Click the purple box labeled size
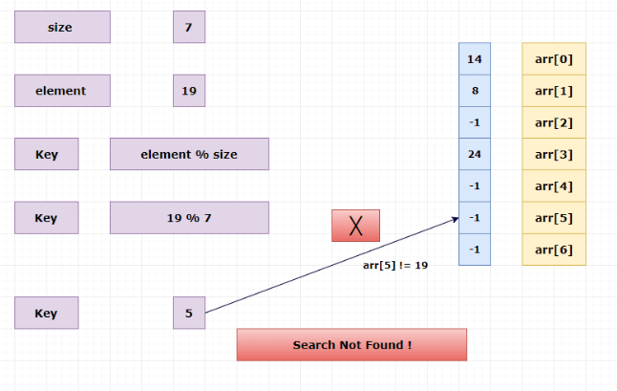62,27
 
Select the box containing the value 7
189,27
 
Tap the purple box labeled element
62,91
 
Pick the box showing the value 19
189,91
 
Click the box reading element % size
189,154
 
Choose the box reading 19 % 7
189,218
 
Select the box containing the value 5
189,313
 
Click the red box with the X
355,226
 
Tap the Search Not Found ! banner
351,344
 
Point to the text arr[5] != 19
395,265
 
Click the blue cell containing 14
475,59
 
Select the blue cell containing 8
475,91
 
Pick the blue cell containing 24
475,154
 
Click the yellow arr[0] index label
554,59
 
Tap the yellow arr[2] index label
554,122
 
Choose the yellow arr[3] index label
554,154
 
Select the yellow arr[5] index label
554,218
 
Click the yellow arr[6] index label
554,250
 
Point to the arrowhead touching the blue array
456,219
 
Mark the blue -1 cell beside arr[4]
475,185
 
